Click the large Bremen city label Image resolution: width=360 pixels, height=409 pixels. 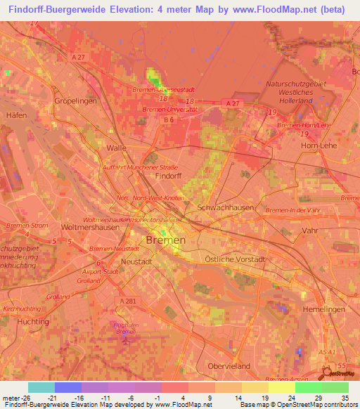pos(166,240)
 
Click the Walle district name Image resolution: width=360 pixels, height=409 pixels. pos(116,148)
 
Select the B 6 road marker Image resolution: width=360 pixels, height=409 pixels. pos(168,120)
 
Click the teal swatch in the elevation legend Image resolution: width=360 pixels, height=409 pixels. pos(41,387)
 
